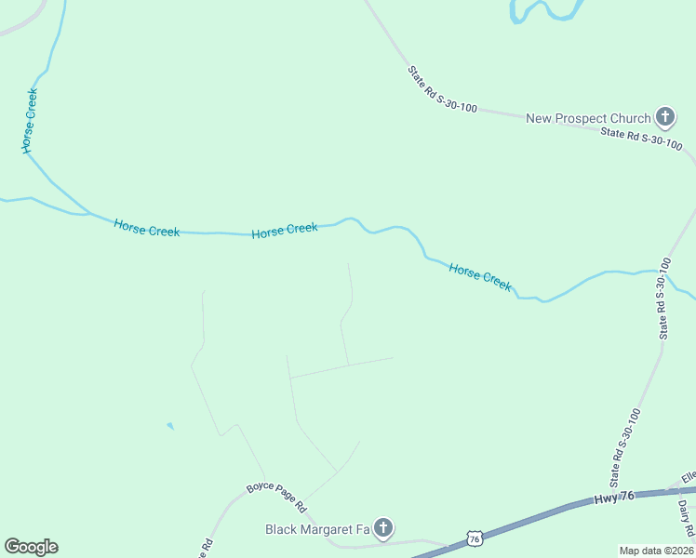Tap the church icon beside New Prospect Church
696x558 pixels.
pos(664,117)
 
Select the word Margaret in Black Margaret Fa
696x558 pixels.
pos(329,529)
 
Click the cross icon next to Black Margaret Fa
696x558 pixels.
pos(383,528)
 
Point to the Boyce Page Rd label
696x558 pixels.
pos(276,497)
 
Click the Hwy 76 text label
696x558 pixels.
pos(613,498)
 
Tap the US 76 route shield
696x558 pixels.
pos(475,538)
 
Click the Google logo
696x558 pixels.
pos(31,547)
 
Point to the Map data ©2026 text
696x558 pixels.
pos(656,551)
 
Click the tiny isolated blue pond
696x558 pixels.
pos(169,426)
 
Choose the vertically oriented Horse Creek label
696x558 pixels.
pos(30,121)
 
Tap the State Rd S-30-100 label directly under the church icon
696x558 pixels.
pos(641,139)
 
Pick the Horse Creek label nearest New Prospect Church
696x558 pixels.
pos(480,277)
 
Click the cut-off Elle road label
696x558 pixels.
pos(689,478)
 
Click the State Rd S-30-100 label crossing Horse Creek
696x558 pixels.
pos(663,299)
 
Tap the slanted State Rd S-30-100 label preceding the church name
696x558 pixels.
pos(442,89)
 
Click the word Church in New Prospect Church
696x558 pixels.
pos(630,118)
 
